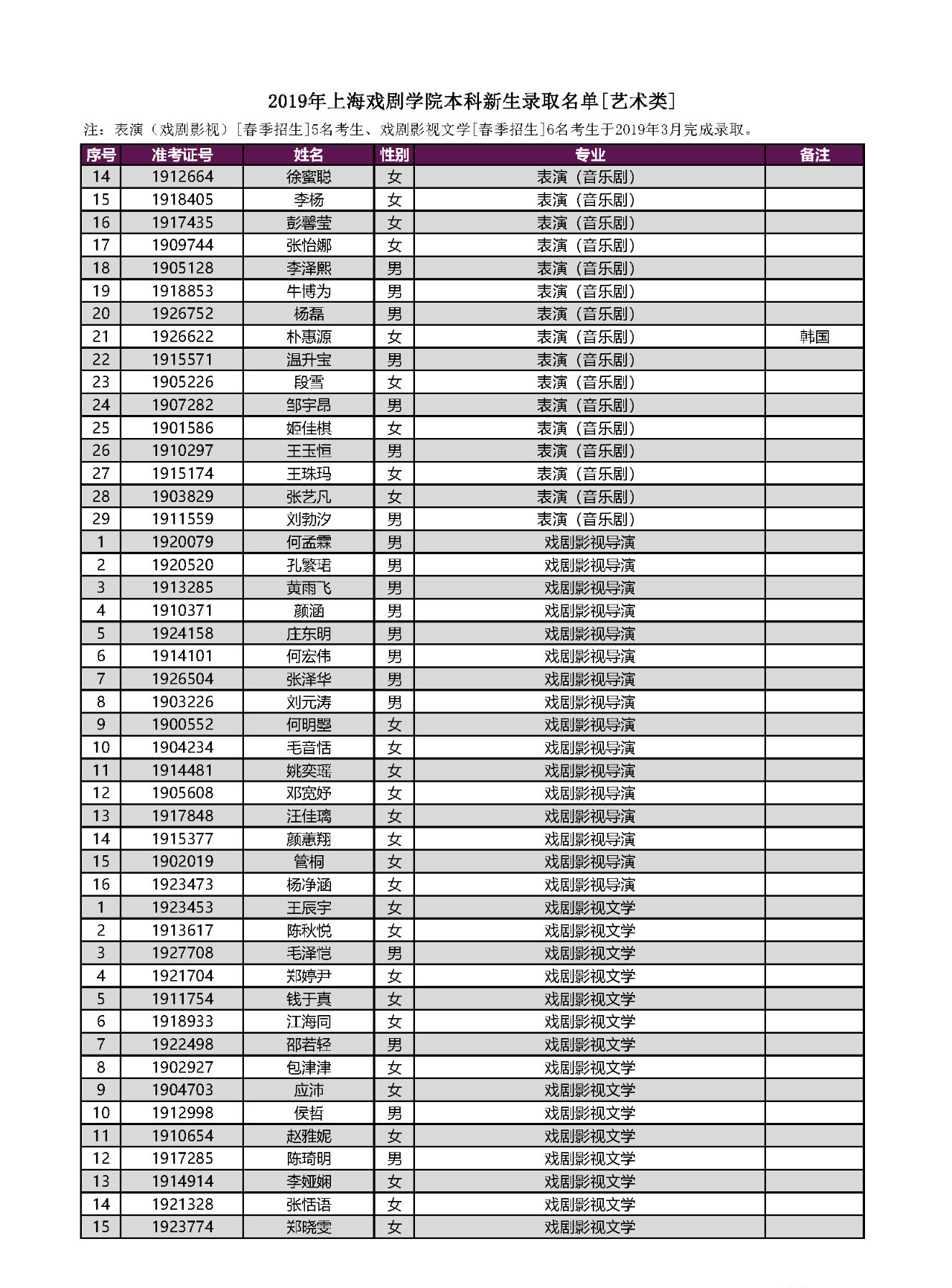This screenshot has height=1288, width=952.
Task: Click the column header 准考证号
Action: pos(182,155)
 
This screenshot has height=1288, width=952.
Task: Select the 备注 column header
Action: pos(814,155)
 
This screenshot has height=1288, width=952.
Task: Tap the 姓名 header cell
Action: pos(309,155)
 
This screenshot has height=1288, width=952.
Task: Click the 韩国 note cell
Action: pos(814,337)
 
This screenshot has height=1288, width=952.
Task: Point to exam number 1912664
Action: pos(182,177)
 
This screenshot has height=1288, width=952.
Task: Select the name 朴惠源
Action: pos(309,337)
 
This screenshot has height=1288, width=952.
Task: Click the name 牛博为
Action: pos(309,292)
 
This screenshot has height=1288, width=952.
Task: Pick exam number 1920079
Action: pos(182,542)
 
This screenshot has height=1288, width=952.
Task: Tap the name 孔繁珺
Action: pos(309,565)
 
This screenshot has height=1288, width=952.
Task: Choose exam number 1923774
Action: pos(182,1227)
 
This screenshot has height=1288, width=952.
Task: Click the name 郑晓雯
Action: pos(309,1227)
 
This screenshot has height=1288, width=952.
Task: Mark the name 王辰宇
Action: pos(309,907)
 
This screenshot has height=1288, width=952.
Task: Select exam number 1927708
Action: pos(182,953)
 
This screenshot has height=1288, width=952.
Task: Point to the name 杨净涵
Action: pos(309,885)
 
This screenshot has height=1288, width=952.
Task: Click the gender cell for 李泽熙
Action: pos(394,268)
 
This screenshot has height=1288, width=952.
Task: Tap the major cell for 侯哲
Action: pos(589,1113)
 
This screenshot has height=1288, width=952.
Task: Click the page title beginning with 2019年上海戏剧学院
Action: pos(472,101)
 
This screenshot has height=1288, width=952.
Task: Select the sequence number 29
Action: pos(100,519)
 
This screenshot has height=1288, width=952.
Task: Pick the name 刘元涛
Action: pos(309,702)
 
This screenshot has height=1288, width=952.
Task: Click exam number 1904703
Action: pos(182,1090)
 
